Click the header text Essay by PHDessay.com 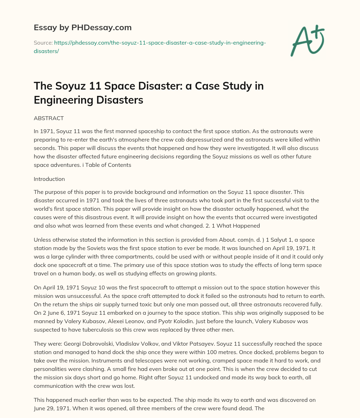(83, 27)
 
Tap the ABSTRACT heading (49, 118)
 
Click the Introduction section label (49, 179)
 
